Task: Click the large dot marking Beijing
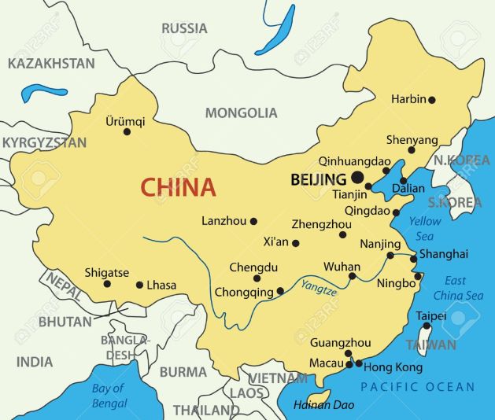pos(357,178)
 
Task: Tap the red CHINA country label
pos(178,187)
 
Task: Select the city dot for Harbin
pos(431,100)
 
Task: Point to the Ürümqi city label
pos(125,121)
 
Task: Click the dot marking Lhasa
pos(139,286)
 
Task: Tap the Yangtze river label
pos(319,290)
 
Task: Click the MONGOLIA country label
pos(241,113)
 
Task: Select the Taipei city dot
pos(427,326)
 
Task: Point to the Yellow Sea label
pos(424,228)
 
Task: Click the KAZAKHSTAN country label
pos(51,63)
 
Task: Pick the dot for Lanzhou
pos(253,222)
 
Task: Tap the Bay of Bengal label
pos(109,396)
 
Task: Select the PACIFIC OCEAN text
pos(418,386)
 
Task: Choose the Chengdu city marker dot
pos(257,278)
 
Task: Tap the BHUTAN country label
pos(65,322)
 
